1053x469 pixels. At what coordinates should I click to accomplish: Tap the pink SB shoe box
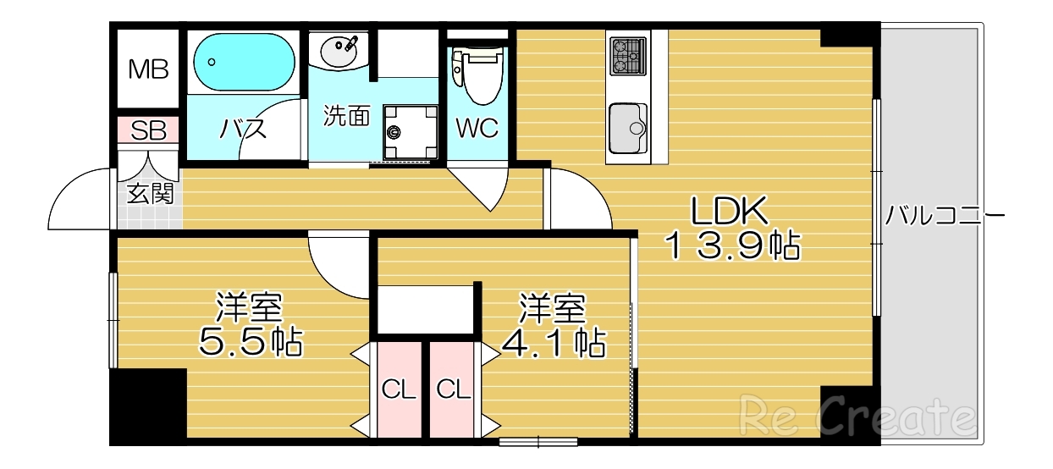148,131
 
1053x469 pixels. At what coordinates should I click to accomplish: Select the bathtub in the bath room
244,61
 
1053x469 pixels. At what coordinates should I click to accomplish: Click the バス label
243,130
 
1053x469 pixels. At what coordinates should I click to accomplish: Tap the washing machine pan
410,132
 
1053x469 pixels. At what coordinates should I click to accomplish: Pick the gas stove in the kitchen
627,56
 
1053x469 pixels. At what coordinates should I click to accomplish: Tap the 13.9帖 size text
731,246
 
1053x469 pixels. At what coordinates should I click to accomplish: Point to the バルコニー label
945,216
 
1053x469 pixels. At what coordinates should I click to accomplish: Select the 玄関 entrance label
150,194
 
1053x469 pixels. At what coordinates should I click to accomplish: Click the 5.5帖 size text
251,341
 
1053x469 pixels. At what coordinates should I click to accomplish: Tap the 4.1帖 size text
554,341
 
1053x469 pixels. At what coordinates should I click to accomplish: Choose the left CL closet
398,390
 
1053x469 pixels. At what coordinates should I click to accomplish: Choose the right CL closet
453,390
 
